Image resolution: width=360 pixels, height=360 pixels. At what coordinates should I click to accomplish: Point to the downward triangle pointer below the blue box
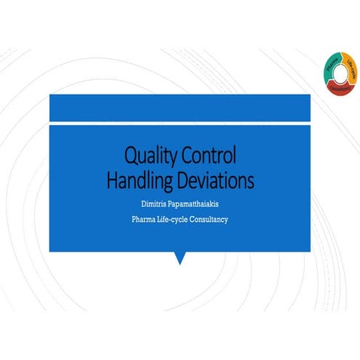180,257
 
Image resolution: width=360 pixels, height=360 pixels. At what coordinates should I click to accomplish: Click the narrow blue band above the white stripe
180,107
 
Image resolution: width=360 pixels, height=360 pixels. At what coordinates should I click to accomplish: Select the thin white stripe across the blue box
180,123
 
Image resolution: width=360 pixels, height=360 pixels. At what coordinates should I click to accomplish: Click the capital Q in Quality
132,155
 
